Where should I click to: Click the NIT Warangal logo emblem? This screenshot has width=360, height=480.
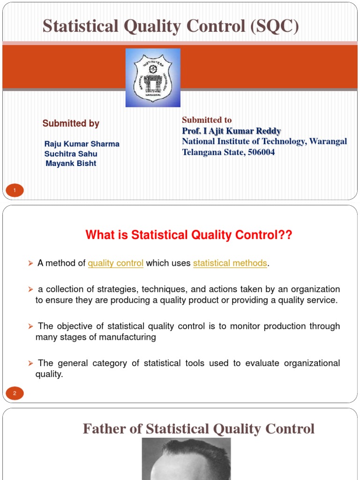pyautogui.click(x=153, y=77)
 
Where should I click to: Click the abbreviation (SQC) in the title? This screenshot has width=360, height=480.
pyautogui.click(x=275, y=26)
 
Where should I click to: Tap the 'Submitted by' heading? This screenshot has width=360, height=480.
pyautogui.click(x=71, y=124)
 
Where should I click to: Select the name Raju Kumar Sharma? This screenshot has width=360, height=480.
pyautogui.click(x=82, y=144)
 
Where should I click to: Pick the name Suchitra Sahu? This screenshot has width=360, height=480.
pyautogui.click(x=71, y=154)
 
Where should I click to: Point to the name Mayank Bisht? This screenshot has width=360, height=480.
pyautogui.click(x=71, y=164)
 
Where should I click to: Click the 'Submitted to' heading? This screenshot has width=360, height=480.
pyautogui.click(x=207, y=120)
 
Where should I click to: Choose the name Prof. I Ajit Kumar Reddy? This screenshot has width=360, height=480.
pyautogui.click(x=232, y=131)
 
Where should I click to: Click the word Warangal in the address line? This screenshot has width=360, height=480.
pyautogui.click(x=328, y=142)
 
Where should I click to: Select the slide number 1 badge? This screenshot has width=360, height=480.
pyautogui.click(x=15, y=190)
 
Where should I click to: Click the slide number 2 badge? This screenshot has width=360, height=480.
pyautogui.click(x=15, y=393)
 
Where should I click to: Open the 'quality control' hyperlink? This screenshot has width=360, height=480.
pyautogui.click(x=116, y=263)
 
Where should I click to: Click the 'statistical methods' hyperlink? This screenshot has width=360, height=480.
pyautogui.click(x=230, y=263)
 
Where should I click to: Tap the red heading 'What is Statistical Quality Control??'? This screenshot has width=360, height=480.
pyautogui.click(x=189, y=235)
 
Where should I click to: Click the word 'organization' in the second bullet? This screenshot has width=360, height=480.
pyautogui.click(x=317, y=289)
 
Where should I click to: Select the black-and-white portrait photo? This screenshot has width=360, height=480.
pyautogui.click(x=186, y=459)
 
